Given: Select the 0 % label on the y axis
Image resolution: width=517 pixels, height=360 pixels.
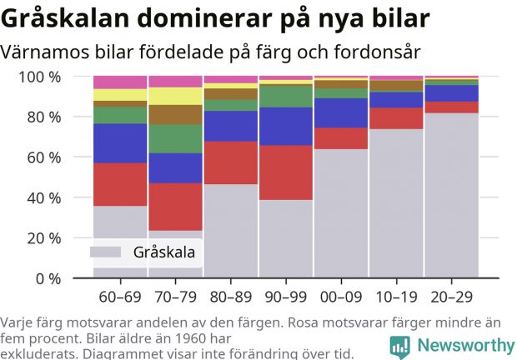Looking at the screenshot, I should click(49, 278).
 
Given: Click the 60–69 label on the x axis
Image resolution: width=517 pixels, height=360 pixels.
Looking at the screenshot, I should click(120, 297).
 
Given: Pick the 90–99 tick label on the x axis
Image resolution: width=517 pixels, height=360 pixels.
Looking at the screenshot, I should click(286, 297).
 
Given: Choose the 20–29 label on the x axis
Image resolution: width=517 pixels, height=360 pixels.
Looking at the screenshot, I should click(451, 297).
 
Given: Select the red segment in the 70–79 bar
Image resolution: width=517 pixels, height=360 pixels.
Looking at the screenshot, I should click(175, 207).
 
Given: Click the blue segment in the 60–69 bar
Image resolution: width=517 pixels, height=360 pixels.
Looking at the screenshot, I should click(120, 143).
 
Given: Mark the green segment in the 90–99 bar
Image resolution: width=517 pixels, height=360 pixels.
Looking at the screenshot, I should click(286, 97).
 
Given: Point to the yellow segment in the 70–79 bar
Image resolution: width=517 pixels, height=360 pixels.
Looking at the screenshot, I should click(175, 96).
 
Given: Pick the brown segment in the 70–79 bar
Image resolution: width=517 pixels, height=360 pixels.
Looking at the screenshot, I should click(175, 114).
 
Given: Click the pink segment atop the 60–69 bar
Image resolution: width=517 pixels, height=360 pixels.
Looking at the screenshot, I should click(120, 82).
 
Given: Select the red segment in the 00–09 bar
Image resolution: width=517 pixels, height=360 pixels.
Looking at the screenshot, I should click(341, 138).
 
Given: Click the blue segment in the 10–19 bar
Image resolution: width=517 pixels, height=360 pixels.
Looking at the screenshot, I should click(396, 99).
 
